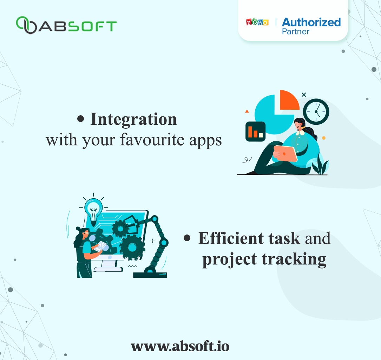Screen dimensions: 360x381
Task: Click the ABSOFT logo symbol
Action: (26, 25)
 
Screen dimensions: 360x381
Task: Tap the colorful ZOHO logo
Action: (257, 22)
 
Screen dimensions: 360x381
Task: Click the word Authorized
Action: (311, 22)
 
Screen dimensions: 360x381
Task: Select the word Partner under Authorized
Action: (295, 32)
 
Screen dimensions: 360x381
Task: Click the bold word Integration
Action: (133, 119)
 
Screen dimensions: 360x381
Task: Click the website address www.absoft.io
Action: (180, 346)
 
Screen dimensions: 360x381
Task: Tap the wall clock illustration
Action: (316, 111)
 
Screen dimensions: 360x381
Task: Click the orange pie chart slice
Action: (288, 100)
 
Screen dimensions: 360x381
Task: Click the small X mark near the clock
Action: (304, 95)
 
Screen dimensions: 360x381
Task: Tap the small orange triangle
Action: (247, 111)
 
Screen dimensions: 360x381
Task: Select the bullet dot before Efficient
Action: (187, 238)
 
